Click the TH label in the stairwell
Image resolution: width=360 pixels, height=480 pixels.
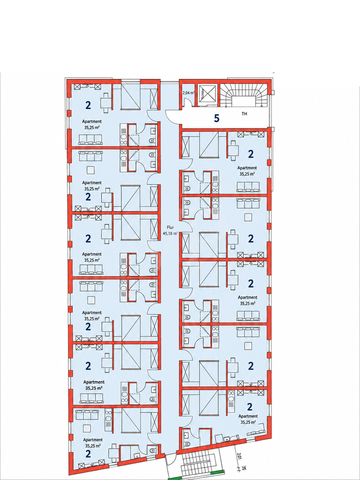tap(244, 114)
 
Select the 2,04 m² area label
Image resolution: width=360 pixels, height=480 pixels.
tap(189, 93)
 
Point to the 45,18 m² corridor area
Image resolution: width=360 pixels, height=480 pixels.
tap(170, 233)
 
